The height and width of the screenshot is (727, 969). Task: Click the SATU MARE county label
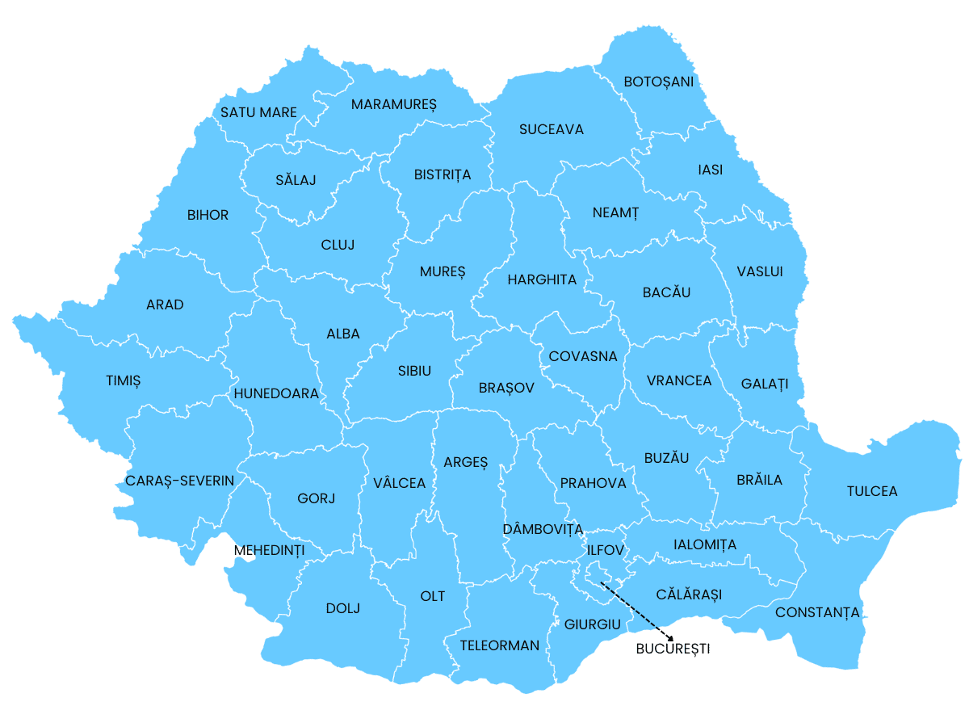[x=258, y=113]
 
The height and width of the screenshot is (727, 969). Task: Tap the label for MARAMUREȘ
[x=393, y=105]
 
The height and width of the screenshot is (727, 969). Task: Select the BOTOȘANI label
[x=658, y=82]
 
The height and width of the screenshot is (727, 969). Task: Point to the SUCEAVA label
[x=551, y=129]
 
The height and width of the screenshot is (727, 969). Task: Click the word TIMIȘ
[x=123, y=380]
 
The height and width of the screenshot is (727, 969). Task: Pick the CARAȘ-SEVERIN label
[x=179, y=481]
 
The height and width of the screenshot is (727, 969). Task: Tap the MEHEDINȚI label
[x=269, y=551]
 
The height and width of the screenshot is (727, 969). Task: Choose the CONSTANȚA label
[x=817, y=612]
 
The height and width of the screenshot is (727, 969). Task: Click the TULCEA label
[x=872, y=491]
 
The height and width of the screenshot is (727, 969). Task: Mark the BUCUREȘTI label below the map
[x=673, y=649]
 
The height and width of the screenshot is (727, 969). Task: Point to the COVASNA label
[x=582, y=356]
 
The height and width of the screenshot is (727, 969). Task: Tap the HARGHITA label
[x=542, y=280]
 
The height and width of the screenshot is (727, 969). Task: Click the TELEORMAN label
[x=499, y=645]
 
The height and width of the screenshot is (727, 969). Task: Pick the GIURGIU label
[x=592, y=624]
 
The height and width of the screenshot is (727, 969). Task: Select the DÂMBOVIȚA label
[x=542, y=529]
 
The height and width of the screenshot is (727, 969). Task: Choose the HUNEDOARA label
[x=276, y=393]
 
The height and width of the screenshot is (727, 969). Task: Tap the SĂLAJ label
[x=295, y=179]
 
